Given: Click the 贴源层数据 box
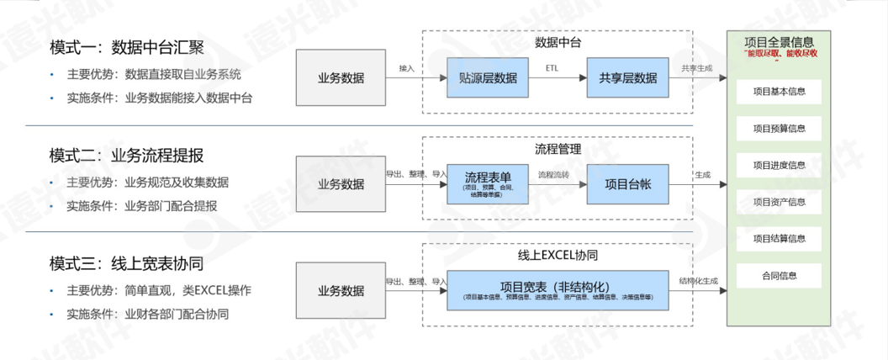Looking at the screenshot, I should coord(488,78).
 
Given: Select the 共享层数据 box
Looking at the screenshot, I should coord(627,78).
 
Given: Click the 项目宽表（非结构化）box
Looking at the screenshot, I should coord(558,290).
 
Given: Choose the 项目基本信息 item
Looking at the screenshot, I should coord(779,92).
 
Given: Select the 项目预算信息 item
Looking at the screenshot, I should coord(779,129).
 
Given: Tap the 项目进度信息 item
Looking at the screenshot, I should coord(779,165).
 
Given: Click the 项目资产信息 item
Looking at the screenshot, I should coord(779,202).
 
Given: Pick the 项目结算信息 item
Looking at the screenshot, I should coord(779,239).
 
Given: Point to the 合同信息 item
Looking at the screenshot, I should coord(779,275).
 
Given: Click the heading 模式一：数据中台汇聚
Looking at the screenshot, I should coord(127,46).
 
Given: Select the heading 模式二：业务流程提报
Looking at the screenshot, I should coord(127,155).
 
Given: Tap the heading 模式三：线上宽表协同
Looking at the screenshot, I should coord(127,263).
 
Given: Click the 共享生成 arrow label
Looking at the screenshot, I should coord(697,68).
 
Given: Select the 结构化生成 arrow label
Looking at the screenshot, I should coord(699,281).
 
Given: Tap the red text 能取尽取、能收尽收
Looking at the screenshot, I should coord(780,54).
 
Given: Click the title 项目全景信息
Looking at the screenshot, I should coord(780,41).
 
